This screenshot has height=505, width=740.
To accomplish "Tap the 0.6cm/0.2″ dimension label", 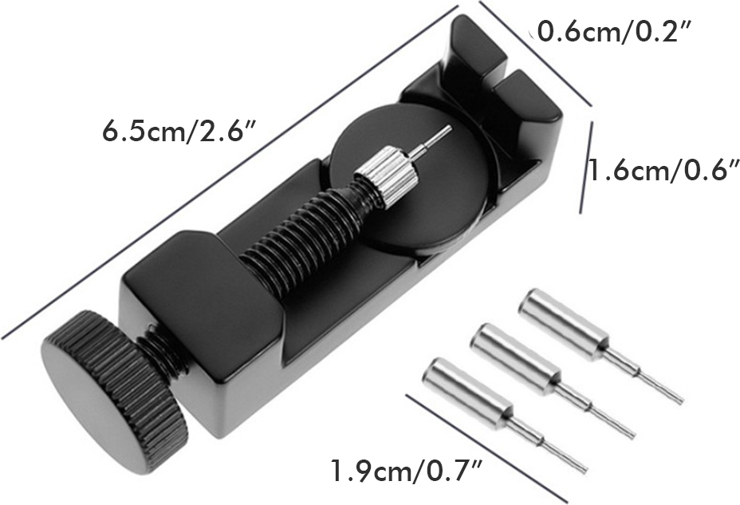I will [x=613, y=33].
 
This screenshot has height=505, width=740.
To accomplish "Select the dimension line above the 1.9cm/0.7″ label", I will [x=486, y=447].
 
